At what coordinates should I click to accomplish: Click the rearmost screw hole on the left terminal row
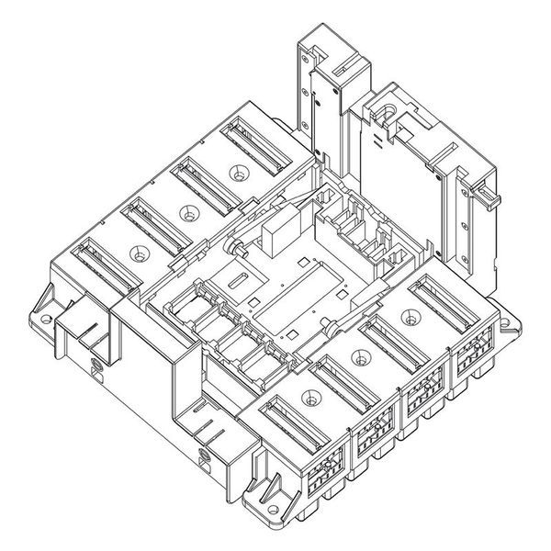coord(241,171)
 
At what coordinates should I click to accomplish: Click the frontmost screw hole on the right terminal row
coord(309,399)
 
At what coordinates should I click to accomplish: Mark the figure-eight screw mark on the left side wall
coord(96,369)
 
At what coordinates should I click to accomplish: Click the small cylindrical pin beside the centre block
coord(237,249)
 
